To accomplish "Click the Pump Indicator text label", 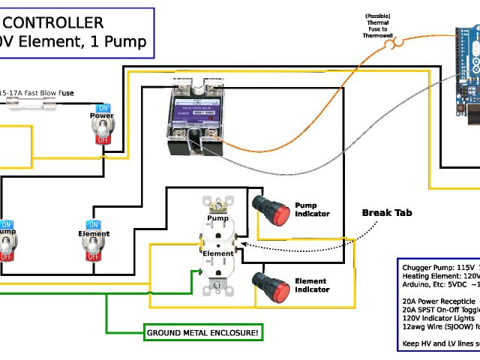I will click(x=311, y=209).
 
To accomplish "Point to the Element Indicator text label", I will click(x=311, y=285).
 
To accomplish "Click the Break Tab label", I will click(x=387, y=213).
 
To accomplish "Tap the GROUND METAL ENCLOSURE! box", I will click(x=203, y=332).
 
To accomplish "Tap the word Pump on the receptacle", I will click(x=217, y=219).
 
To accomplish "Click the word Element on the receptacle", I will click(x=218, y=253).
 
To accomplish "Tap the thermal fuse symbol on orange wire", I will click(x=391, y=44).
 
